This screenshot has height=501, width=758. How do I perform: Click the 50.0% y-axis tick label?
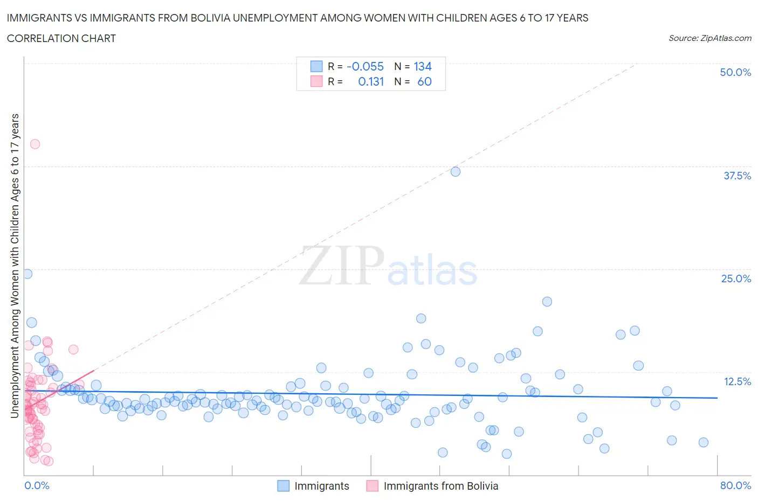735,72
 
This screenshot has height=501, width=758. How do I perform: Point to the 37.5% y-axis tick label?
736,176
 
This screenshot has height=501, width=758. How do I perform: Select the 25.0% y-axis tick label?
735,279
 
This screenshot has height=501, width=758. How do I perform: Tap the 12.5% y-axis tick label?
736,381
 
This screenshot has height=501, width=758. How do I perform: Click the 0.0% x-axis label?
37,485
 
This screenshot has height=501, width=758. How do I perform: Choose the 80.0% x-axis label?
735,485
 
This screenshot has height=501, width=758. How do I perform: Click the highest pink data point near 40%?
35,144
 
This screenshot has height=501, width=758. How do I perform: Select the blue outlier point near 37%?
456,172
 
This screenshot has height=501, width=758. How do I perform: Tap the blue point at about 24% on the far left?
27,274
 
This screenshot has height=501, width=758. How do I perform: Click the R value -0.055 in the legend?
365,66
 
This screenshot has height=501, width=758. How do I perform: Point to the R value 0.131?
371,81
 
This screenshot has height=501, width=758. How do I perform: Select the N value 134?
423,66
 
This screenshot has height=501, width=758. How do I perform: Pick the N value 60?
424,81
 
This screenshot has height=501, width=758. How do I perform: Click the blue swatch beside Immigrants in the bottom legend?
283,486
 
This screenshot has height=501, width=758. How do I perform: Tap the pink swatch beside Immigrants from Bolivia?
372,486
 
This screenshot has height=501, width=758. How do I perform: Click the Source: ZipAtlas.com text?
709,38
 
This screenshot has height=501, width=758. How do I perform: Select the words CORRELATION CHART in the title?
61,38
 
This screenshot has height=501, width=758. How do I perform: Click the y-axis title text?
15,266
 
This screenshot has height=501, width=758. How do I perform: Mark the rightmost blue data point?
703,442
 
